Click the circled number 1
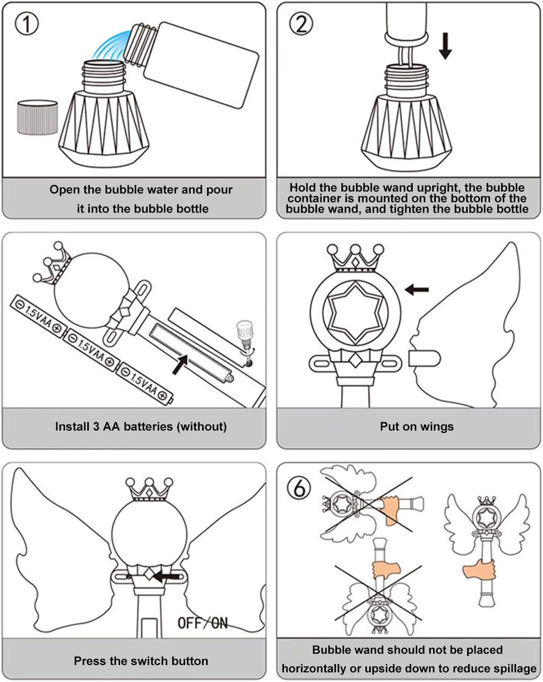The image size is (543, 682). [26, 23]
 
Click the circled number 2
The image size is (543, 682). [301, 23]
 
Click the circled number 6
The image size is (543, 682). [299, 488]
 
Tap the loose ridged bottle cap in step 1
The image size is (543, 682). [37, 117]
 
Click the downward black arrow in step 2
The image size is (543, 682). [445, 46]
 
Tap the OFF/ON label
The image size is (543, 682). [203, 623]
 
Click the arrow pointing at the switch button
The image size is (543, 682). [166, 577]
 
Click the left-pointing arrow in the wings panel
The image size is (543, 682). [417, 289]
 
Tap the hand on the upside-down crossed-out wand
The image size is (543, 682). [386, 569]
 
